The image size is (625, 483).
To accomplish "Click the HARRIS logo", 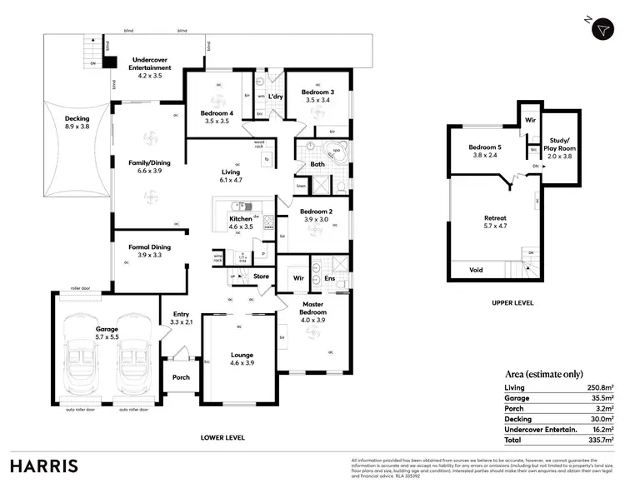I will pyautogui.click(x=44, y=465).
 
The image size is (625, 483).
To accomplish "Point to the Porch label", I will pyautogui.click(x=181, y=377).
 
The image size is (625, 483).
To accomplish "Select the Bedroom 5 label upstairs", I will pyautogui.click(x=484, y=151).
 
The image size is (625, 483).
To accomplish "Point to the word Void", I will pyautogui.click(x=476, y=270).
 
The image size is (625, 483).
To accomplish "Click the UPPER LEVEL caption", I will pyautogui.click(x=512, y=303).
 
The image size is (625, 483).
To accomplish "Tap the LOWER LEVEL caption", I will pyautogui.click(x=223, y=436).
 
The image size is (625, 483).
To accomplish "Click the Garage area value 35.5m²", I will pyautogui.click(x=602, y=398).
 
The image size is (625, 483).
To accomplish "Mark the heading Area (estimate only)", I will pyautogui.click(x=544, y=374).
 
